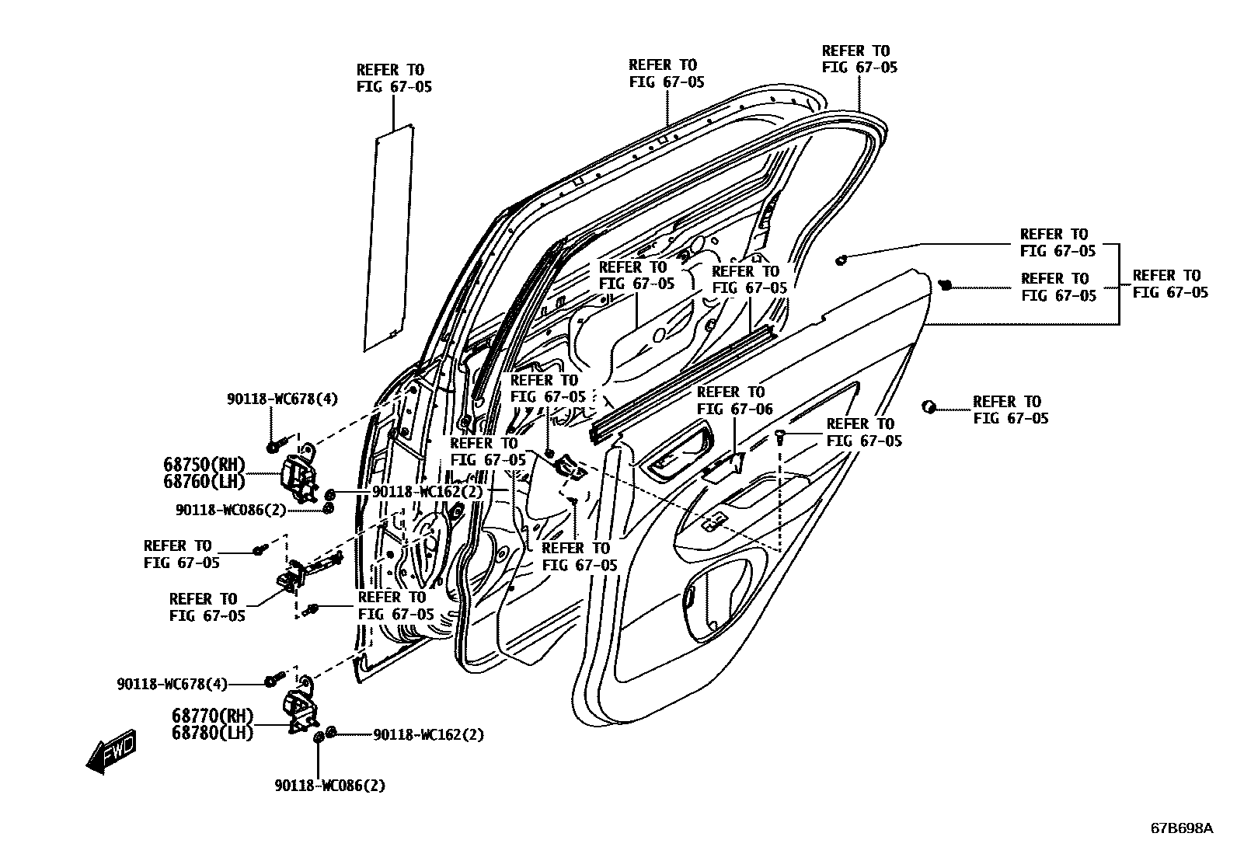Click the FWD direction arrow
[111, 750]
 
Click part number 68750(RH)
[204, 464]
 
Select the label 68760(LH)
[204, 482]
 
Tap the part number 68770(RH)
[213, 716]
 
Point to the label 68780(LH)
[213, 733]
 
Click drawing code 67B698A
[1181, 828]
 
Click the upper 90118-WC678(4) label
[282, 399]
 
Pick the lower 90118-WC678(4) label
[172, 685]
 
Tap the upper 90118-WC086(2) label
[231, 510]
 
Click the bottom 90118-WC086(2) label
[329, 786]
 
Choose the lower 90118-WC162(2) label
[428, 734]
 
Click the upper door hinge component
[299, 474]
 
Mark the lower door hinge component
[301, 709]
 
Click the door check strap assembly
[307, 571]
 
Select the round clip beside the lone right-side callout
[928, 406]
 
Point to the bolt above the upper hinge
[274, 448]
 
